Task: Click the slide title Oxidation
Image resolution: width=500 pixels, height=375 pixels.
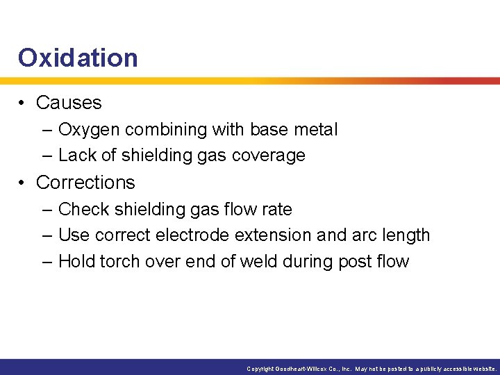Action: (x=78, y=58)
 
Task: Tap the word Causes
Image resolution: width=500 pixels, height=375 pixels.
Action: (x=69, y=103)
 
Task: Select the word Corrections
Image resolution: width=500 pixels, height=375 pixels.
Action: (x=85, y=183)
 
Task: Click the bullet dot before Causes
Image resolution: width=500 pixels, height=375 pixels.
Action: (x=23, y=103)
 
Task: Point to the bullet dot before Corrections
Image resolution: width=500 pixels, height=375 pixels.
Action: (x=23, y=183)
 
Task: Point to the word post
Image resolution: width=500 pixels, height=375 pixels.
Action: (x=357, y=262)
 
